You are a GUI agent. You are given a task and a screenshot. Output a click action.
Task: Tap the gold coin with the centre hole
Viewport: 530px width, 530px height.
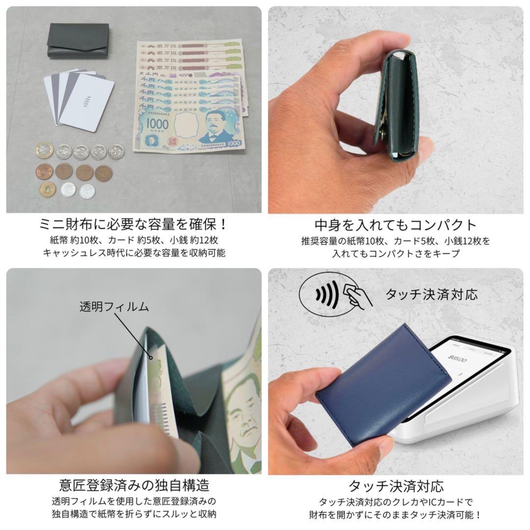point(48,189)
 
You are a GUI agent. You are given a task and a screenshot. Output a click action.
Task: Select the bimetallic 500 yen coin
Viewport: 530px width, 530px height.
point(44,150)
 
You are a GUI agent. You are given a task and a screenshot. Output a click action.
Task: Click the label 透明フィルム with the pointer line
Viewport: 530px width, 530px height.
point(114,307)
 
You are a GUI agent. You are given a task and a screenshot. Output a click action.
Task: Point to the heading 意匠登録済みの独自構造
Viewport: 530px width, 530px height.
point(133,485)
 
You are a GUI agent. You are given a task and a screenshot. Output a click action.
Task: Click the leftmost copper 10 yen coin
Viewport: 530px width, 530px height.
point(44,172)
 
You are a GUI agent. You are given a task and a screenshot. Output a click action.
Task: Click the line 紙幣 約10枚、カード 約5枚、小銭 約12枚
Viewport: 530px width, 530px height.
point(133,241)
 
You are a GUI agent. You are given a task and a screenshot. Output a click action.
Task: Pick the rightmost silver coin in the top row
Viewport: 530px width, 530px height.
point(116,151)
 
